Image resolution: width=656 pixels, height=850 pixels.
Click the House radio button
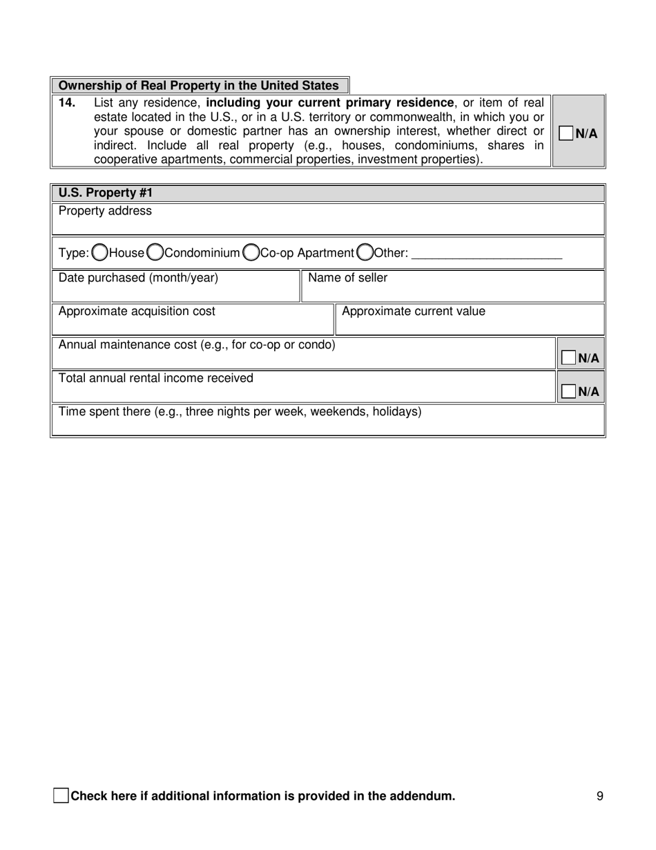(100, 253)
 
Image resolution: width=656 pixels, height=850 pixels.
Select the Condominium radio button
(155, 253)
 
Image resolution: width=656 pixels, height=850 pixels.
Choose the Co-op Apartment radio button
(251, 253)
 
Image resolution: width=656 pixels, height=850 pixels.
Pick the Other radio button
(365, 253)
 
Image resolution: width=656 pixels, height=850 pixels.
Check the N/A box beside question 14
(566, 133)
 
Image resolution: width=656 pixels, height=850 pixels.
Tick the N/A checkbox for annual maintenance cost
(568, 358)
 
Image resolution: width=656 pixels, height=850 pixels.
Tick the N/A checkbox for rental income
(568, 391)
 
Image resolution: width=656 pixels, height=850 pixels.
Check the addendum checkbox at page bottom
(61, 795)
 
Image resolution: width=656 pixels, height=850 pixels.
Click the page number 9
(599, 796)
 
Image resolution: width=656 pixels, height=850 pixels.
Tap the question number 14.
(67, 103)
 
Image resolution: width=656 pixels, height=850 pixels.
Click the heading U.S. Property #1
(105, 193)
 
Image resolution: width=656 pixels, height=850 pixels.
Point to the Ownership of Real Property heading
(199, 86)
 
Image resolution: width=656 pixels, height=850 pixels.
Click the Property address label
(105, 211)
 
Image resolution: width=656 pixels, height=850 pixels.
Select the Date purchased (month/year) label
(138, 278)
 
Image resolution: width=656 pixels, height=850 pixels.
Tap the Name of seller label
(347, 278)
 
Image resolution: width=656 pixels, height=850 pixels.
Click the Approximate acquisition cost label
(137, 311)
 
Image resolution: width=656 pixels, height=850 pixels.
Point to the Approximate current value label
(413, 311)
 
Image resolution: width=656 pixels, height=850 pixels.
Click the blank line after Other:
(487, 254)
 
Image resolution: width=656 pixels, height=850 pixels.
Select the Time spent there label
(240, 412)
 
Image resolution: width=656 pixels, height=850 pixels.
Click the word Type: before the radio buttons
(74, 253)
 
